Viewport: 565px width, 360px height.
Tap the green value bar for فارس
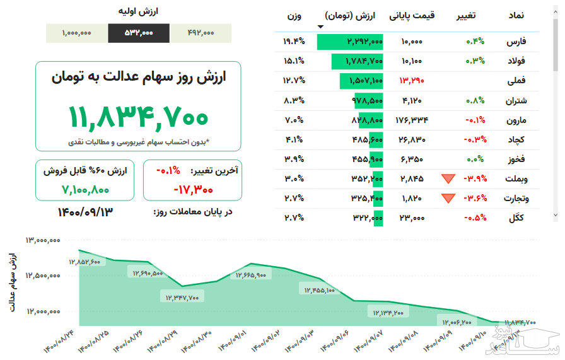[x=350, y=42]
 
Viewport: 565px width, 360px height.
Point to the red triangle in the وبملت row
[x=448, y=179]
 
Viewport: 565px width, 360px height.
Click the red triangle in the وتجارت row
[x=448, y=199]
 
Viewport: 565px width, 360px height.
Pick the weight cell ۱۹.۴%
[x=294, y=42]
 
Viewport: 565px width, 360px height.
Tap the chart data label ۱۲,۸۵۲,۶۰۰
[x=84, y=262]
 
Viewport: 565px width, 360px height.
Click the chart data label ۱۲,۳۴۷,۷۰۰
[x=182, y=298]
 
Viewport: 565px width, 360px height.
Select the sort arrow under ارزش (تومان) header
[x=321, y=26]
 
